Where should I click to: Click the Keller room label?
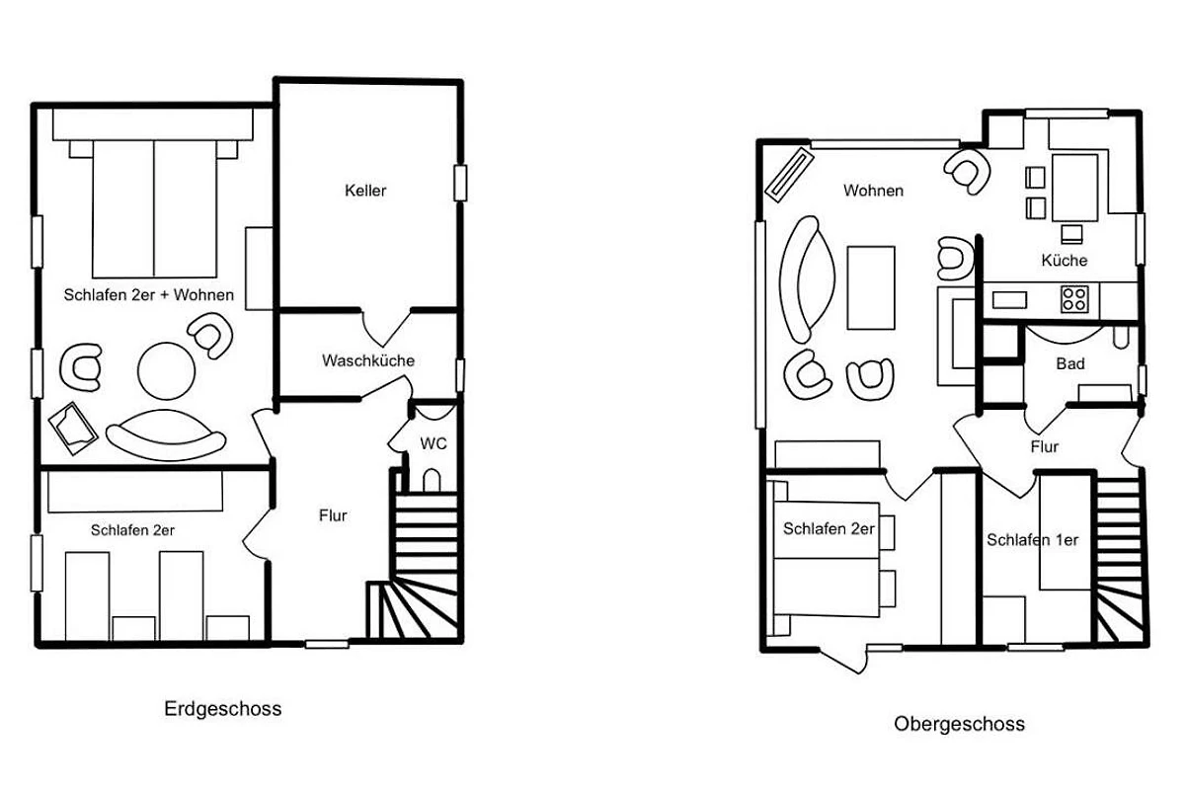coord(365,191)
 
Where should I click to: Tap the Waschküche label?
coord(368,360)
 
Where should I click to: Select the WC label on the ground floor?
coord(434,443)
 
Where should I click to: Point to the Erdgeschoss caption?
coord(223,709)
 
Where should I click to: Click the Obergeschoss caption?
coord(959,724)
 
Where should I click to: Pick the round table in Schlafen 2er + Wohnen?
coord(166,371)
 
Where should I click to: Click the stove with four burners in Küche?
coord(1074,299)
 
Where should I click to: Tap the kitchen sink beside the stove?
coord(1009,300)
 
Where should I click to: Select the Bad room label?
coord(1070,364)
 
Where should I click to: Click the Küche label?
coord(1065,261)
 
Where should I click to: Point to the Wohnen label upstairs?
coord(873,191)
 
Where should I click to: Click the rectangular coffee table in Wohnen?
coord(871,287)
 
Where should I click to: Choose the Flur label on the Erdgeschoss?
coord(333,515)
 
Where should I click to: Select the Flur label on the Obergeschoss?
coord(1045,447)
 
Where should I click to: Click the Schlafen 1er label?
coord(1033,540)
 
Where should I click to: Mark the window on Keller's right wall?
coord(460,183)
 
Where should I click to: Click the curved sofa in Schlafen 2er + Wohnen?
coord(166,434)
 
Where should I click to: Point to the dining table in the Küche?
coord(1075,188)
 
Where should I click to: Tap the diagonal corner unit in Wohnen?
coord(789,175)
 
